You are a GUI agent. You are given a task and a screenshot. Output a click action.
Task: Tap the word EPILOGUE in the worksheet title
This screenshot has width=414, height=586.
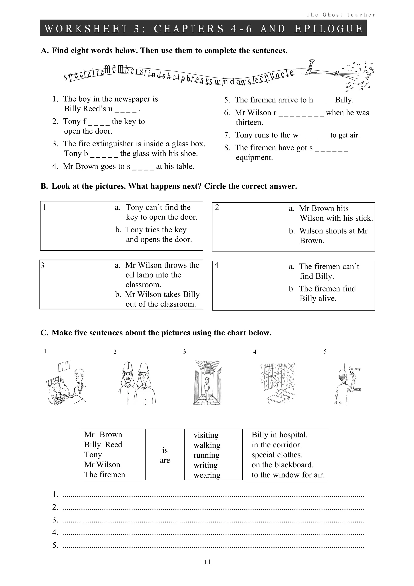[x=329, y=29]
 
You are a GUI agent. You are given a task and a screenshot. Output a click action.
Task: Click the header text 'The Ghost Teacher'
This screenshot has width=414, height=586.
[x=341, y=15]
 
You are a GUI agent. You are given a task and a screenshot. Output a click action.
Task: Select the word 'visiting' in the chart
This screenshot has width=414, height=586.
[x=206, y=435]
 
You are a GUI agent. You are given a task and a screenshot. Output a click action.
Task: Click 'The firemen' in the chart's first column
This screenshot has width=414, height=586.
[x=105, y=475]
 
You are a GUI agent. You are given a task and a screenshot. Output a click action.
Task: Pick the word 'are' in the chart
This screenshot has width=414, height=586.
[x=165, y=461]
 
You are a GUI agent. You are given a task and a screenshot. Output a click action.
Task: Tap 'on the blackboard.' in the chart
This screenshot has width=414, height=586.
[x=282, y=465]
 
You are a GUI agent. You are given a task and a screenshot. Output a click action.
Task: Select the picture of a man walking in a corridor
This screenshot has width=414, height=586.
[x=207, y=383]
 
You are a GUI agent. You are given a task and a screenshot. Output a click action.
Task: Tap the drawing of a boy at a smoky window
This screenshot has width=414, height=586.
[x=277, y=383]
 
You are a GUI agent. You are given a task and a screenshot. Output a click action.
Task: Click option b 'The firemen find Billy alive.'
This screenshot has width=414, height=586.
[x=322, y=294]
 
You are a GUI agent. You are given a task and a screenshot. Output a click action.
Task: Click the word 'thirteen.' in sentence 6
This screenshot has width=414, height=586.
[x=249, y=122]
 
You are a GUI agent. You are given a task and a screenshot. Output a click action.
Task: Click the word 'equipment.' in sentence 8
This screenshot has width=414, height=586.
[x=254, y=157]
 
